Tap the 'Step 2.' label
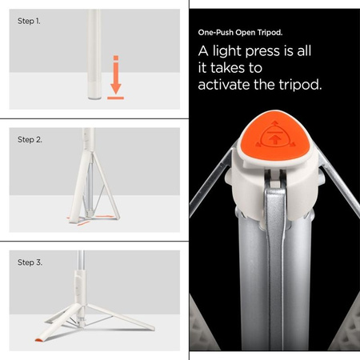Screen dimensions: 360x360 pyautogui.click(x=30, y=139)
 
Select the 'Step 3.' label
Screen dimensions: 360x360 pyautogui.click(x=30, y=261)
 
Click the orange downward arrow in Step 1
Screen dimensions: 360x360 pyautogui.click(x=115, y=76)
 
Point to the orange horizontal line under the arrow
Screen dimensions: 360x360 pyautogui.click(x=115, y=98)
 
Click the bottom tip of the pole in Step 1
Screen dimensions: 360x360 pyautogui.click(x=94, y=96)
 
